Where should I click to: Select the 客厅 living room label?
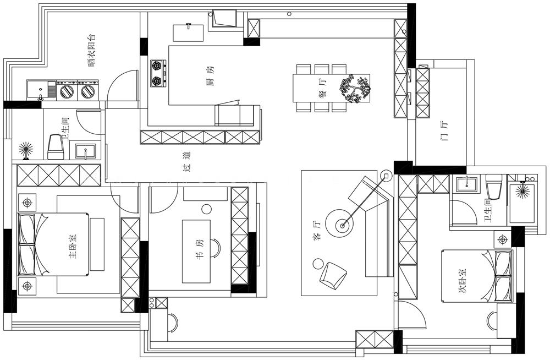[317, 231]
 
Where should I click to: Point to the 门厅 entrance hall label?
[444, 130]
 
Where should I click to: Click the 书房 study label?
[199, 250]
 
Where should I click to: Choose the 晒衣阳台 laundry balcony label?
[91, 50]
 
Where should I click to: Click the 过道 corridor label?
[187, 162]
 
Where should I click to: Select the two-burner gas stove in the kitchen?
[158, 73]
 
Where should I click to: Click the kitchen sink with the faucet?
[188, 32]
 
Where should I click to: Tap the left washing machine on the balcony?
[67, 90]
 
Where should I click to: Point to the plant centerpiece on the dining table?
[355, 88]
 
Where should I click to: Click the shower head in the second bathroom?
[523, 190]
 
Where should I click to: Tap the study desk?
[196, 252]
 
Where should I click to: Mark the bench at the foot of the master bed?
[97, 244]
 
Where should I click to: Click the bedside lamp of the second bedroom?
[503, 240]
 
